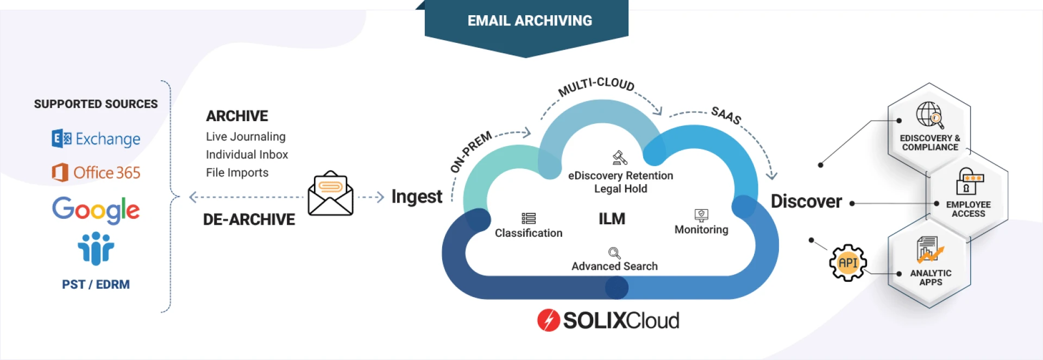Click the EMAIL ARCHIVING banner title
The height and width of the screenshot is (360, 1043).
click(x=530, y=21)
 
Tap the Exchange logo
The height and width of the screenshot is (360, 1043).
click(x=96, y=139)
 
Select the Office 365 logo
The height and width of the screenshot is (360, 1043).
click(x=96, y=173)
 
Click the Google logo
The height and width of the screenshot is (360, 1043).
click(x=96, y=210)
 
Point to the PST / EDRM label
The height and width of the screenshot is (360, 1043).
click(x=96, y=285)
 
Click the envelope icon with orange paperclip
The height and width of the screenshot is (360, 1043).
click(x=330, y=193)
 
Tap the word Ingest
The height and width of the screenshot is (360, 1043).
click(x=417, y=197)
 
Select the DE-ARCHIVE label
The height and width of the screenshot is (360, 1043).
click(x=249, y=219)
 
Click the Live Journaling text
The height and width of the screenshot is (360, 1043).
click(x=246, y=137)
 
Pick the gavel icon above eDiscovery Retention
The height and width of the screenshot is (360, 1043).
click(x=620, y=157)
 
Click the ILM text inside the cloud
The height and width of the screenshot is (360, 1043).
click(x=612, y=219)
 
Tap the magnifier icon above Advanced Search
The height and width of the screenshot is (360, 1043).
click(x=614, y=253)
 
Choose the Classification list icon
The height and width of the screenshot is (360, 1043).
click(x=529, y=218)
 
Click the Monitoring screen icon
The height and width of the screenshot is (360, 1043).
click(x=701, y=215)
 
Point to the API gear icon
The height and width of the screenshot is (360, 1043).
click(x=847, y=263)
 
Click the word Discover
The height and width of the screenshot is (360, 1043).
click(x=806, y=201)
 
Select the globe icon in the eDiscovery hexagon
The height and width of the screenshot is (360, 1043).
click(x=929, y=115)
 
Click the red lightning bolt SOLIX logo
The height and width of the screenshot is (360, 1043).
click(x=548, y=320)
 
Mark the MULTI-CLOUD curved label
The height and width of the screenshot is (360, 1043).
click(x=596, y=85)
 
